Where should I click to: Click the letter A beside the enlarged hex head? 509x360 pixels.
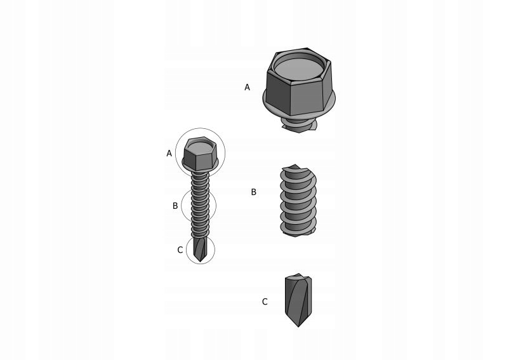click(248, 88)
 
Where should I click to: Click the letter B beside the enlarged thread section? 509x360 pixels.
click(253, 192)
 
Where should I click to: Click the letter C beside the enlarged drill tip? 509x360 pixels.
click(265, 302)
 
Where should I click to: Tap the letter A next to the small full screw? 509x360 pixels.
click(169, 153)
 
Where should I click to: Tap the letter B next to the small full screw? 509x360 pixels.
click(175, 206)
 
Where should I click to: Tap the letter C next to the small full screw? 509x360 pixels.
click(180, 250)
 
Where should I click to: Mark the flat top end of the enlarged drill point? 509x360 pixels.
click(298, 277)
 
